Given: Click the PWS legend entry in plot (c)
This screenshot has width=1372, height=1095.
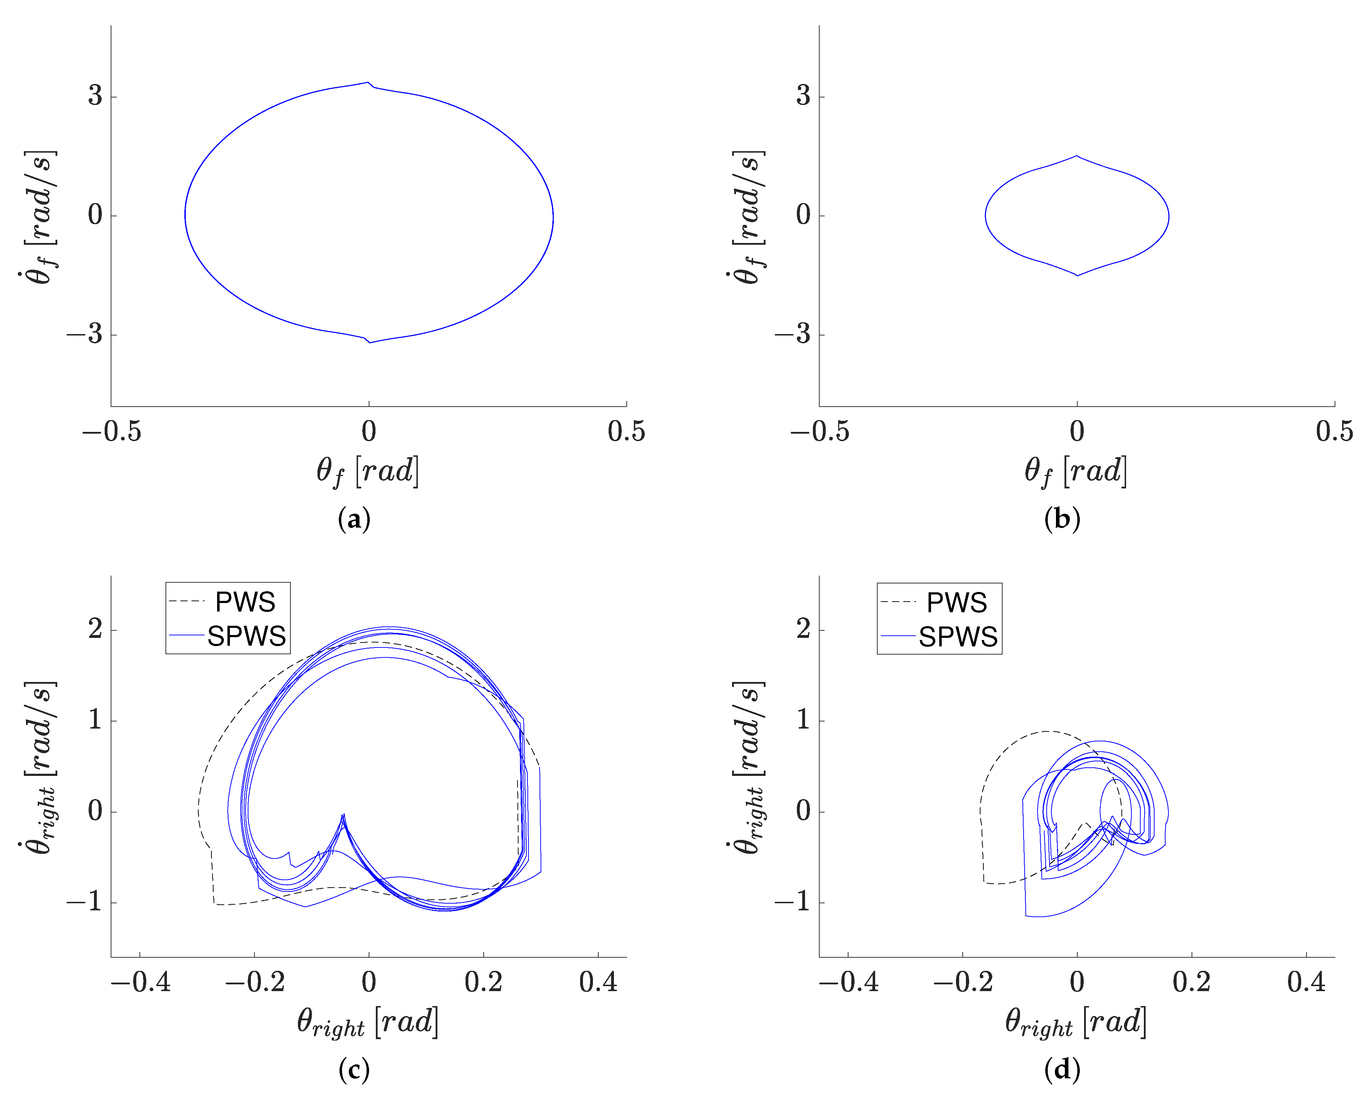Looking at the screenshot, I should click(x=245, y=602).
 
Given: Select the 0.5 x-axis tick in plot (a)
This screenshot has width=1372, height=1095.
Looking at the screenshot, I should click(x=626, y=432).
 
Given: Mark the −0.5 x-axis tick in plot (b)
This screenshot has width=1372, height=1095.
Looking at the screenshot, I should click(x=820, y=432).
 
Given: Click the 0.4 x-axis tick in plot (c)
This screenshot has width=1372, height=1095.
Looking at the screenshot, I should click(x=598, y=982).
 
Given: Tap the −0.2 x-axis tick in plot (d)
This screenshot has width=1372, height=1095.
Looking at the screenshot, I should click(x=963, y=982).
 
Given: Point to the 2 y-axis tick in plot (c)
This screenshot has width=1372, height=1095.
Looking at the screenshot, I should click(x=95, y=629).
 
